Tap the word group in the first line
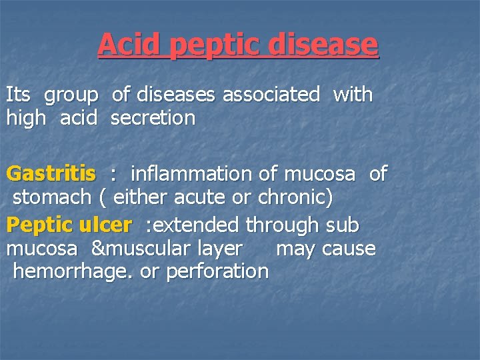tap(71, 95)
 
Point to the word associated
tap(271, 95)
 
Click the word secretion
tap(153, 119)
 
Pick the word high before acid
tap(26, 119)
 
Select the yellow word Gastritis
tap(51, 175)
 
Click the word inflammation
tap(192, 174)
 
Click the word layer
tap(220, 249)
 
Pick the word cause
tap(349, 249)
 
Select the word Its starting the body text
tap(18, 95)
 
